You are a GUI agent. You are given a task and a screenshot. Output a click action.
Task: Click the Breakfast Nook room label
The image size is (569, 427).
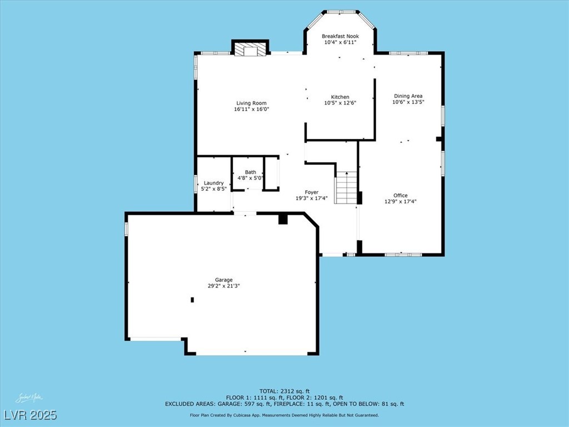tap(340, 36)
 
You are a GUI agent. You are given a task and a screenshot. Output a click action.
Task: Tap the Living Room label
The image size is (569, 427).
tap(251, 103)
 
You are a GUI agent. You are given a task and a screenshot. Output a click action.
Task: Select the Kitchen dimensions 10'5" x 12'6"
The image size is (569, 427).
tap(340, 103)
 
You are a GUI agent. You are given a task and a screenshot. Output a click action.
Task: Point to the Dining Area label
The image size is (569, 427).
tap(408, 96)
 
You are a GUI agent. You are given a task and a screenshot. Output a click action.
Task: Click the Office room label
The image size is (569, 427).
tap(401, 195)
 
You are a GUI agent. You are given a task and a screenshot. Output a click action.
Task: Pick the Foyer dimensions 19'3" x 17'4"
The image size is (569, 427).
tap(312, 198)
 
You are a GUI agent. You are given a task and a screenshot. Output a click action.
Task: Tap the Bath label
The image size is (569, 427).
tap(251, 172)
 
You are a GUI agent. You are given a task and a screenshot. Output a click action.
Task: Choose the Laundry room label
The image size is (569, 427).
tap(214, 183)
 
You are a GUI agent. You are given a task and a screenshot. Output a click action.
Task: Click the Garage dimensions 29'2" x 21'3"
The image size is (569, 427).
tap(224, 286)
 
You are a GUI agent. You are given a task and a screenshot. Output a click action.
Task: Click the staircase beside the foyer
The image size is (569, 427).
tap(346, 188)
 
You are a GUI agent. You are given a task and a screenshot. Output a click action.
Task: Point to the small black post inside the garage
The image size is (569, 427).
tap(192, 300)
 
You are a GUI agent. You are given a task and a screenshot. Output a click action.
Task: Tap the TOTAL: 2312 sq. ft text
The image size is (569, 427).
tap(284, 391)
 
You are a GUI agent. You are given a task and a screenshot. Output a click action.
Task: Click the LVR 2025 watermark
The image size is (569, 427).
tap(31, 415)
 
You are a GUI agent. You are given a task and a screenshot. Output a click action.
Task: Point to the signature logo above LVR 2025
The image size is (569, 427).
tap(29, 398)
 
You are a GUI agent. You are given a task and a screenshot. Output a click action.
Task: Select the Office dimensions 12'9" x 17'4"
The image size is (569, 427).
tap(401, 201)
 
